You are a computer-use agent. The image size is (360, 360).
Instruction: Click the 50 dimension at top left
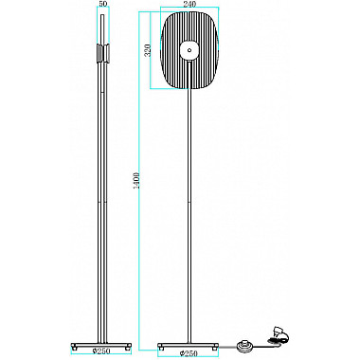[x=102, y=5]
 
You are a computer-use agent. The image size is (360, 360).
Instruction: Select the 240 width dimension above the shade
[x=189, y=5]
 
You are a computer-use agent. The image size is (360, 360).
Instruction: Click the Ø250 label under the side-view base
[x=99, y=352]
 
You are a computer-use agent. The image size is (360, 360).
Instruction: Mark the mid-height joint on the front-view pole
[x=189, y=201]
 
